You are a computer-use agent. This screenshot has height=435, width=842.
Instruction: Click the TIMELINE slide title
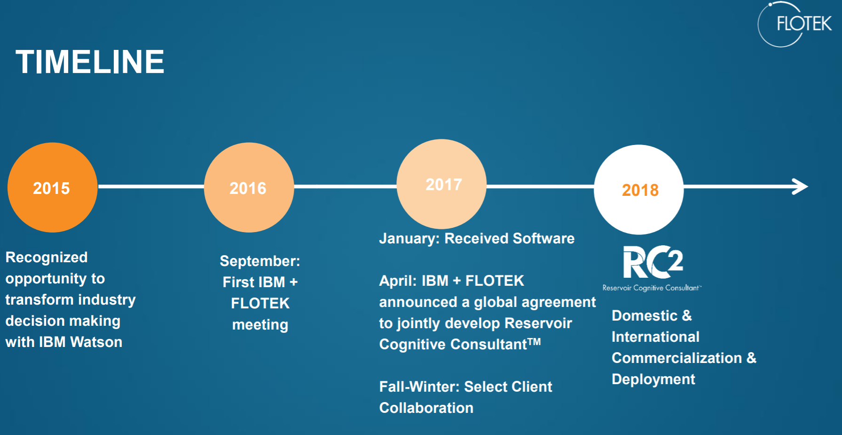90,62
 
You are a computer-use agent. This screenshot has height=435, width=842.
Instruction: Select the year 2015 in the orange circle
51,188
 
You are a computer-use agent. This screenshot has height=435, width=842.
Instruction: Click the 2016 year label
248,188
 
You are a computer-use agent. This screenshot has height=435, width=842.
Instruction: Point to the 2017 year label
444,185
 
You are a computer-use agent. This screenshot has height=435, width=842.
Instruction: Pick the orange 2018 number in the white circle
640,190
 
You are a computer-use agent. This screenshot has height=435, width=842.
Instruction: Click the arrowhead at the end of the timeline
800,186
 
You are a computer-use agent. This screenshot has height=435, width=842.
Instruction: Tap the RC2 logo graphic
653,262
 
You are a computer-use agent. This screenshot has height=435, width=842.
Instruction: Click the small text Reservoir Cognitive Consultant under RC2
651,288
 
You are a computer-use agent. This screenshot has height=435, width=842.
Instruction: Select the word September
260,261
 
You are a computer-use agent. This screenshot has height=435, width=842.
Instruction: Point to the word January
409,239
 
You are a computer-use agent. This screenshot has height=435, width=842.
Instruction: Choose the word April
397,281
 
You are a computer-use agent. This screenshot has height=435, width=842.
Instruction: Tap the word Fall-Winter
419,387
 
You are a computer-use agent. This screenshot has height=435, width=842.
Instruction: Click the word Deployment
653,379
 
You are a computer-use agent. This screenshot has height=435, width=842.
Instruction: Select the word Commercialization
677,358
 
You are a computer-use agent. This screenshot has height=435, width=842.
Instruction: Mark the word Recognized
46,257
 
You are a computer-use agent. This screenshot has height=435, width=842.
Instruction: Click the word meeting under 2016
260,325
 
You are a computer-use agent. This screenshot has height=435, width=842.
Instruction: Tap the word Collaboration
426,408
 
